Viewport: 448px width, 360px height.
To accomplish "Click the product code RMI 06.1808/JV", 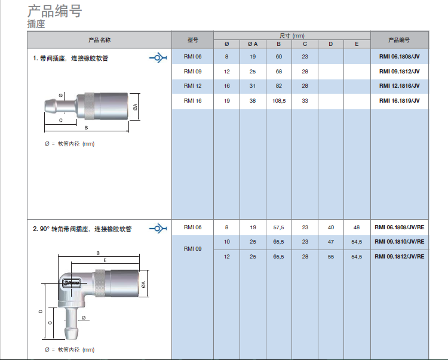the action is click(399, 57).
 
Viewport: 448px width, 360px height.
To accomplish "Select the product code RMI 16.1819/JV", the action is click(399, 100).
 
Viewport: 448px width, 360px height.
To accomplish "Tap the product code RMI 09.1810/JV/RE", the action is click(400, 242).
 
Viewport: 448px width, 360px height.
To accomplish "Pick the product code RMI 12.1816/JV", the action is click(399, 85).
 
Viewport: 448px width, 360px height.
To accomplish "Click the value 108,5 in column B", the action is click(279, 101).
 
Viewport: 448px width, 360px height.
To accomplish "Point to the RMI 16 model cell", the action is click(192, 101).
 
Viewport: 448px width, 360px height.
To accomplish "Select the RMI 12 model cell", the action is click(192, 85).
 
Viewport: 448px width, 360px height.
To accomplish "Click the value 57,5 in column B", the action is click(278, 227).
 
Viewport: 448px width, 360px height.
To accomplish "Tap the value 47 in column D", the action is click(331, 242).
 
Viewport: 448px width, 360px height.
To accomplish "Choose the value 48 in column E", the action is click(357, 227).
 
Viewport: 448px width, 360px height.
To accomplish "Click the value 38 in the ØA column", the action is click(253, 101).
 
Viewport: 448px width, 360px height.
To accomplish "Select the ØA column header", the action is click(253, 44).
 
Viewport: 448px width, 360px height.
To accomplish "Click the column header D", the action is click(330, 44).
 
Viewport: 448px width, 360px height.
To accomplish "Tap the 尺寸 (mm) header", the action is click(291, 36).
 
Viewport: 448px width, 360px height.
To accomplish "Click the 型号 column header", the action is click(192, 40).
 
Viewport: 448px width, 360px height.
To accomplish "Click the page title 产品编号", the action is click(54, 11).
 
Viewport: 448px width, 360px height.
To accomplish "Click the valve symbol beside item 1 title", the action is click(158, 58).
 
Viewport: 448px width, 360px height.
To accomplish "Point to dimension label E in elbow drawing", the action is click(105, 260).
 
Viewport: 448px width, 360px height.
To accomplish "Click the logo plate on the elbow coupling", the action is click(72, 284).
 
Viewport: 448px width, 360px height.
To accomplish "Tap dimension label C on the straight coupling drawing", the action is click(60, 120).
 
